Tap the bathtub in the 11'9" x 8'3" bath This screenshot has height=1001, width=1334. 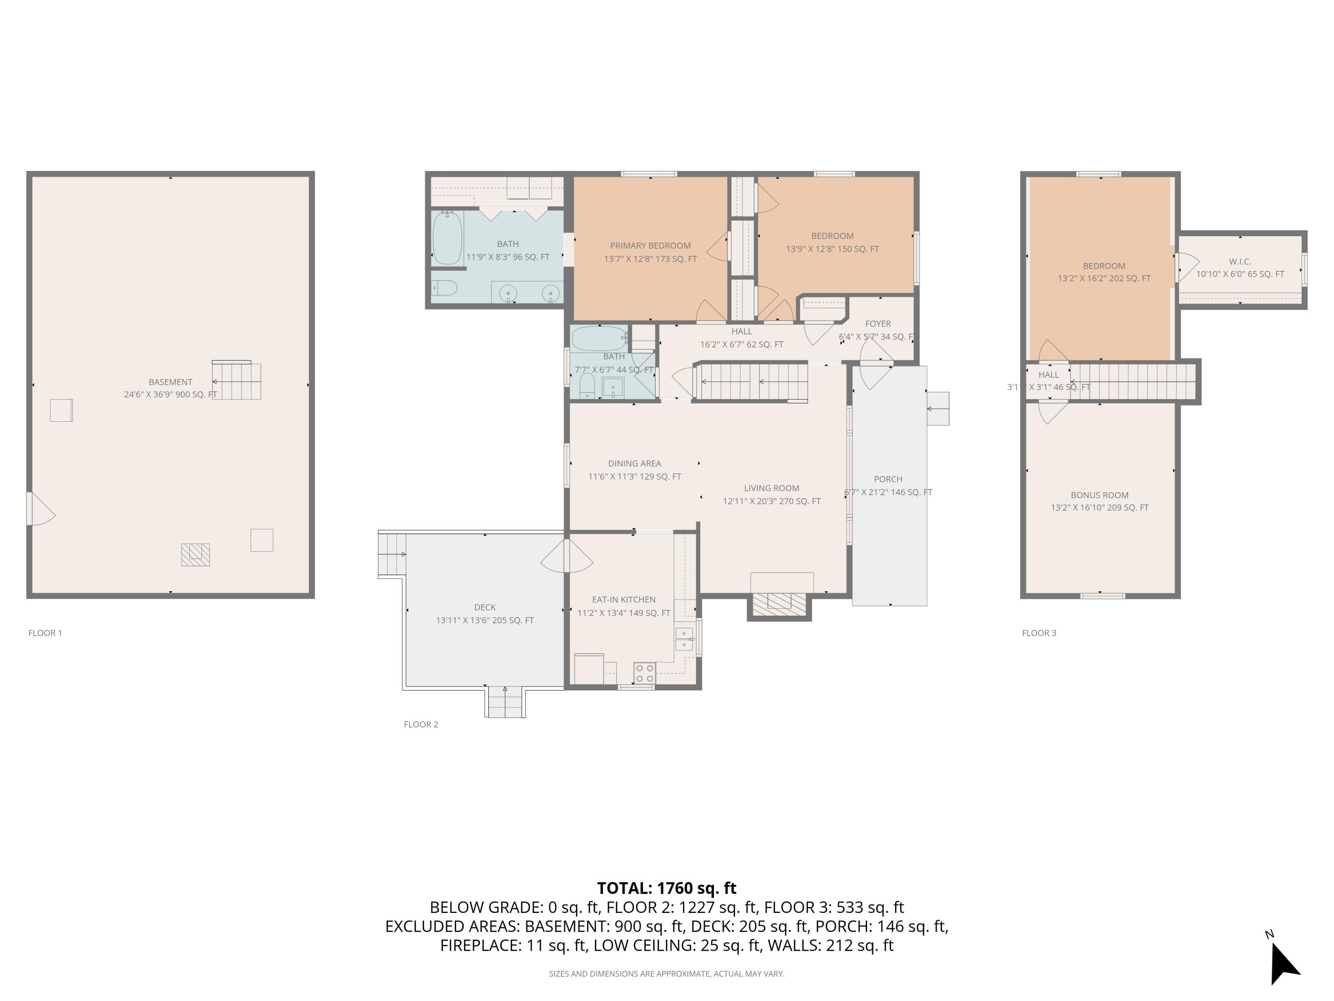click(447, 238)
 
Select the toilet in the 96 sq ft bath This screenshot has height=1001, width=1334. click(445, 288)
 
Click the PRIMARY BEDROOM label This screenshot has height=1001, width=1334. click(650, 246)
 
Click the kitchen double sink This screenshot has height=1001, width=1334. click(684, 639)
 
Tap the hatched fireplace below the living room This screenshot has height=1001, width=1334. click(779, 604)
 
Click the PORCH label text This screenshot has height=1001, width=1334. click(888, 479)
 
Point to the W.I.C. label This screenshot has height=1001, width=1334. click(1240, 261)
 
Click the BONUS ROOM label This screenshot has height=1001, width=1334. click(1099, 495)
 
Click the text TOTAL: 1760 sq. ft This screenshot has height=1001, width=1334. click(667, 888)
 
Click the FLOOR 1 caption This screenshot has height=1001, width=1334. click(45, 633)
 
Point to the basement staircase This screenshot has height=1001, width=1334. click(237, 381)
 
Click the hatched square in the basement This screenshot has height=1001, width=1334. click(195, 554)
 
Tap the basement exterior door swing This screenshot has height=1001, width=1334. click(40, 509)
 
